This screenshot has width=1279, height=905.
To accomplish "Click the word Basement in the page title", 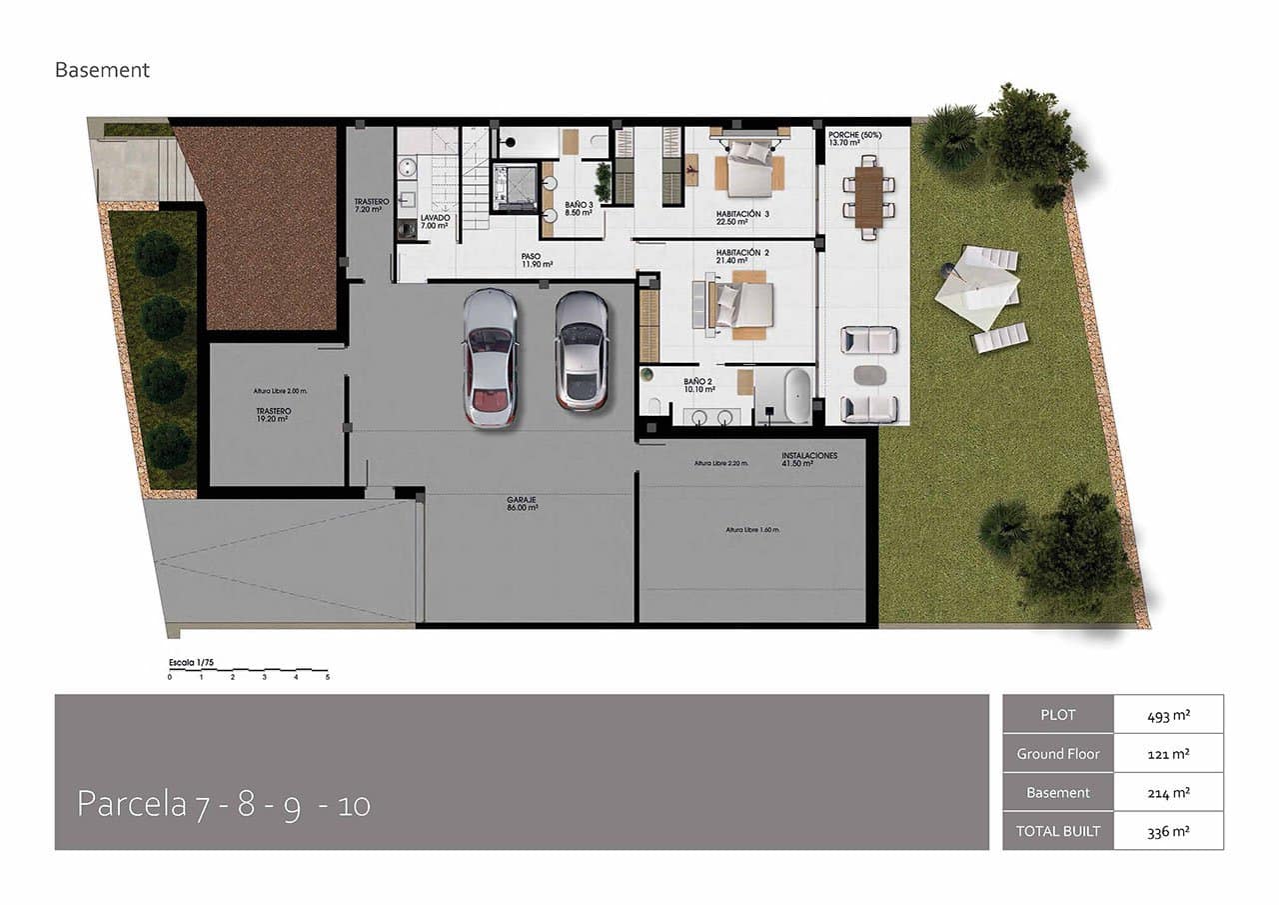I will tap(102, 70).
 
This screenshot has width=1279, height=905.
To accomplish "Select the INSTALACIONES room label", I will tap(809, 459).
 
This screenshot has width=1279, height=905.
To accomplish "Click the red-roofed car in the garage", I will tap(490, 357).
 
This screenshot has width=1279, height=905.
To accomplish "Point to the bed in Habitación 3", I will tap(748, 164).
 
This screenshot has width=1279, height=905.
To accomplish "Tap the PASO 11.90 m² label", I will tap(536, 261).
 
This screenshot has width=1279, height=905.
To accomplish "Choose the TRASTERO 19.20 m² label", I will tap(272, 415).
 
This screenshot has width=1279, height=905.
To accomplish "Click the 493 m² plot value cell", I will tap(1168, 715).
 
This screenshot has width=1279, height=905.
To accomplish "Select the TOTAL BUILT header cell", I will tap(1057, 831).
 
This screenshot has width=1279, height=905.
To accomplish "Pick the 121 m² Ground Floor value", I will tap(1168, 754).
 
